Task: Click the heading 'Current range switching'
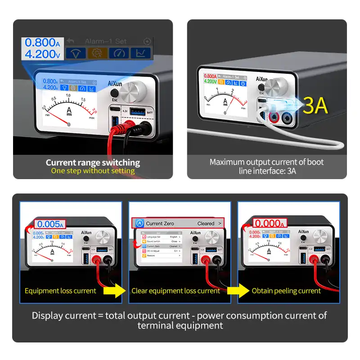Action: coord(93,162)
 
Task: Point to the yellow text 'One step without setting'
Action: coord(93,171)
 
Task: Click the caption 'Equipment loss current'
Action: coord(60,291)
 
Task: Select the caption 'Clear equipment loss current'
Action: coord(175,291)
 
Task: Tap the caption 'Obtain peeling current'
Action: coord(286,291)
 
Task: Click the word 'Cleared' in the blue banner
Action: coord(206,223)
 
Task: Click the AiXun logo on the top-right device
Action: coord(262,79)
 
